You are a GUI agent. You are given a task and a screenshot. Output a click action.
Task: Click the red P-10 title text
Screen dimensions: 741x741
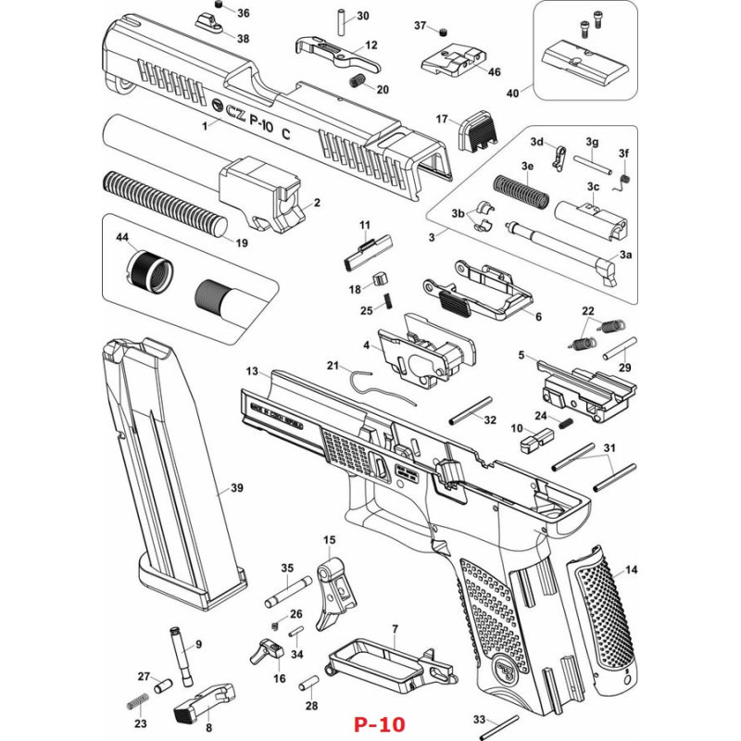(x=379, y=723)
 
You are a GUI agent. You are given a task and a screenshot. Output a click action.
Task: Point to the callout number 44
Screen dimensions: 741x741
(x=121, y=238)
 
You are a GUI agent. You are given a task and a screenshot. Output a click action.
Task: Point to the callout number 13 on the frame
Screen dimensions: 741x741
(x=251, y=370)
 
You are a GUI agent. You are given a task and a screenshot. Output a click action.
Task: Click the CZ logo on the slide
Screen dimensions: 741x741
(x=220, y=107)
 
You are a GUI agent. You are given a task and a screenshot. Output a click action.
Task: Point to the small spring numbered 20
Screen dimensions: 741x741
(x=356, y=82)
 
